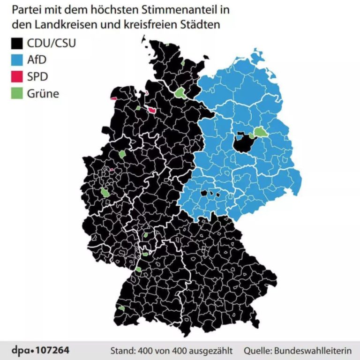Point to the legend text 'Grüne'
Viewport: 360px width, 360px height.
coord(43,93)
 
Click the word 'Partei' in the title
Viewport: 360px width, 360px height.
coord(25,10)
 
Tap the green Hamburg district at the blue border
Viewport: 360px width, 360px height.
coord(180,93)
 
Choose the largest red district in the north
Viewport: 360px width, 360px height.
coord(152,110)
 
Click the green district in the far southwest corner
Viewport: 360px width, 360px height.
coord(121,308)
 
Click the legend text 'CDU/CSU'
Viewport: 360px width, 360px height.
coord(51,44)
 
